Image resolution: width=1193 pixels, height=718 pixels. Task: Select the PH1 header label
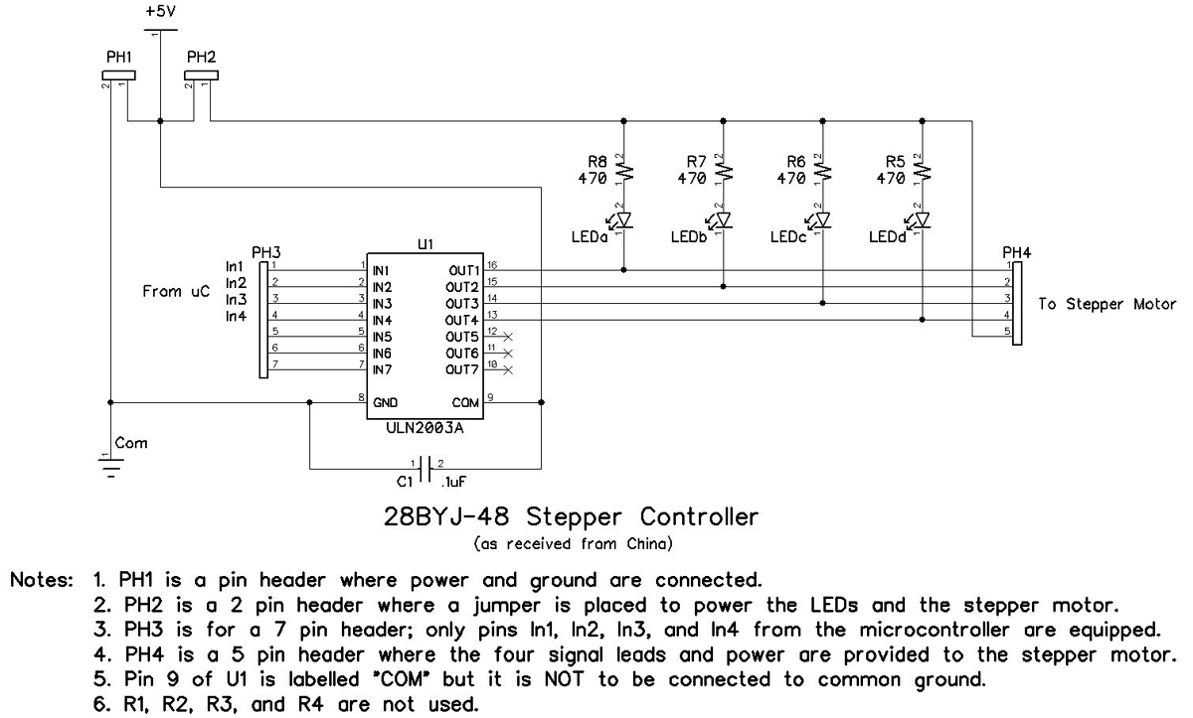click(119, 58)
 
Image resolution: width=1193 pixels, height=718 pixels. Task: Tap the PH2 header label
click(202, 58)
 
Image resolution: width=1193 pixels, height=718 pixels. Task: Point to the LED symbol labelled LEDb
click(723, 218)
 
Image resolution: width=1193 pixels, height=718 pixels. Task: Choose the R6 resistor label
click(796, 161)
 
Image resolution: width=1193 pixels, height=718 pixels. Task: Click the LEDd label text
click(887, 237)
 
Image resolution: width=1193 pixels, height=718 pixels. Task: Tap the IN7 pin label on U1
click(382, 369)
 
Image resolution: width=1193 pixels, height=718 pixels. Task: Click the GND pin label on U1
click(385, 403)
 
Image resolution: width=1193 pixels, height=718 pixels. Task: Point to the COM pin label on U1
click(465, 403)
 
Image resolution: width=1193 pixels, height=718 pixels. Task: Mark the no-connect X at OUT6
click(508, 353)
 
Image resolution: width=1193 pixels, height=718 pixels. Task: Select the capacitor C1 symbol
click(426, 467)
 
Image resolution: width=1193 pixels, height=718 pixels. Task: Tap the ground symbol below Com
click(109, 467)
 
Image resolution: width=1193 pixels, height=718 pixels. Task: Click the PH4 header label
click(1017, 253)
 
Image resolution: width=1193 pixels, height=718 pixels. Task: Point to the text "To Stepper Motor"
click(1107, 304)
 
